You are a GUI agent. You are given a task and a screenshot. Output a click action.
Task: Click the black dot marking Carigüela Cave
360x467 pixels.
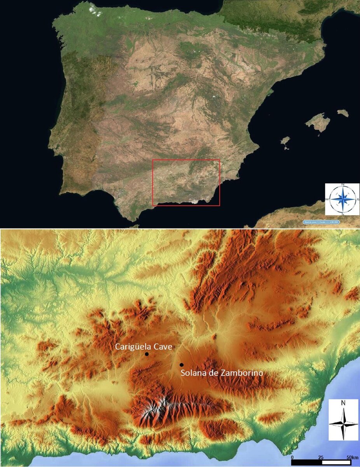147,354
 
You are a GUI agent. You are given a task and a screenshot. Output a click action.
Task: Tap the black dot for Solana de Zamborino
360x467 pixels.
182,365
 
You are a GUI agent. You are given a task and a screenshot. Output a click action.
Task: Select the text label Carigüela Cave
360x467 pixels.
143,347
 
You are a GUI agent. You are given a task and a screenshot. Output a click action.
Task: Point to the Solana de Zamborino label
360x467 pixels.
222,373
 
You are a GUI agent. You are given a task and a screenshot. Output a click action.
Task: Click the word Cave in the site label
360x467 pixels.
163,347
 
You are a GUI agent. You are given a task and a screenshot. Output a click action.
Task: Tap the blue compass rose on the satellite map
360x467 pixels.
343,199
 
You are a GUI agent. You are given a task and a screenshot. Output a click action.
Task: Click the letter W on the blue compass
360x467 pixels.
329,199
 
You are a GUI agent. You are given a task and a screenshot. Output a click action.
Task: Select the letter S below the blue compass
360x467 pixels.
343,213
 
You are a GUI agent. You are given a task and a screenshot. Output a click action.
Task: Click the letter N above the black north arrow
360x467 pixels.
343,404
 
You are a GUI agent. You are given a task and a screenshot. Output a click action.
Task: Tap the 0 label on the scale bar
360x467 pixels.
292,457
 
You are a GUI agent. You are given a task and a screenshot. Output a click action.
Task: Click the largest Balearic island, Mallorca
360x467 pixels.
318,122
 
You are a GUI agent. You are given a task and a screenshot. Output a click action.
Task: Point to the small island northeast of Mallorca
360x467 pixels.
343,113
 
